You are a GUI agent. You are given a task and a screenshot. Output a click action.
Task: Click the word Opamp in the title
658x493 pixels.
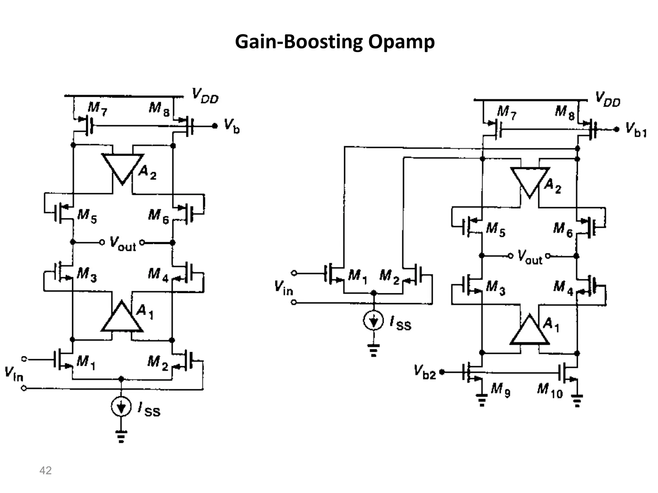[401, 42]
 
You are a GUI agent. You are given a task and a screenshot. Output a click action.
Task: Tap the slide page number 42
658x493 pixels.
[45, 471]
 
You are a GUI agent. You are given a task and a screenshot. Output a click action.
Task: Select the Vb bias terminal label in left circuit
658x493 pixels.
[232, 126]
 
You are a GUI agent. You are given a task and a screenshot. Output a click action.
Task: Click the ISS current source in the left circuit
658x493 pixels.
[121, 407]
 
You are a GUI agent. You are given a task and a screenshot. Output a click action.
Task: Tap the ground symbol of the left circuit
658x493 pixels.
[121, 437]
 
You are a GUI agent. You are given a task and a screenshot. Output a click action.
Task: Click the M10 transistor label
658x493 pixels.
[550, 391]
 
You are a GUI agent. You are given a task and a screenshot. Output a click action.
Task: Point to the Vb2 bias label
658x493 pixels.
[425, 372]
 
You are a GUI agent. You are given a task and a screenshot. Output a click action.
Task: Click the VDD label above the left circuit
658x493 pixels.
[205, 96]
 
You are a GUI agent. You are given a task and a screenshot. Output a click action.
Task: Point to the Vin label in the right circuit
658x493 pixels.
[283, 288]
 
